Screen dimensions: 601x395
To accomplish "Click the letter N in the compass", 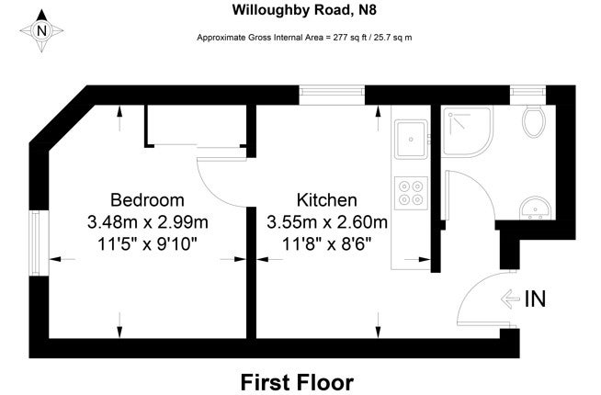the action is coord(41,30).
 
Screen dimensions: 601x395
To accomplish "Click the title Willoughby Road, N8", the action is coord(304,10).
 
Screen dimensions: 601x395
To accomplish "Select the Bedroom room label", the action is coord(147,200).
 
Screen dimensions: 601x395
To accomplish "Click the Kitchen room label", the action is coord(326,200).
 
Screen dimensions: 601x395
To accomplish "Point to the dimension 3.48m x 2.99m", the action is coord(148,222).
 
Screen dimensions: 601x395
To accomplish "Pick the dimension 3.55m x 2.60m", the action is coord(327,222).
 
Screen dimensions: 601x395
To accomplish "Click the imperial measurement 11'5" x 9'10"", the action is coord(148,243).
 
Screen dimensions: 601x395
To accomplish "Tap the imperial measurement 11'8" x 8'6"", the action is coord(327,243).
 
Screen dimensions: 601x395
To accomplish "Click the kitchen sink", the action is coord(412,139).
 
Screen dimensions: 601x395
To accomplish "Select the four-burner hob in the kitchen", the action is coord(411,193).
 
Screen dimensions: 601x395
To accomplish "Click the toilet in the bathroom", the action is coord(534,121).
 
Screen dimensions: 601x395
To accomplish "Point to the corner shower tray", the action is coord(468,131).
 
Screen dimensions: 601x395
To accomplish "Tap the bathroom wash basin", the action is coord(536,209).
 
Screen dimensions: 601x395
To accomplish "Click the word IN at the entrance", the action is coord(535,299).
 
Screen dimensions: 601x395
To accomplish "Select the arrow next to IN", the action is coord(511,299).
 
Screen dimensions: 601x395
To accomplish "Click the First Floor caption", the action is coord(297,382).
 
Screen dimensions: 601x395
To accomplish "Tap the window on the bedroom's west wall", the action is coord(35,243).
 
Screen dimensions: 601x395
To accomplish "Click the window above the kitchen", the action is coord(332,91).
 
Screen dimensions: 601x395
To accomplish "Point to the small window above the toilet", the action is coord(527,91).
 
